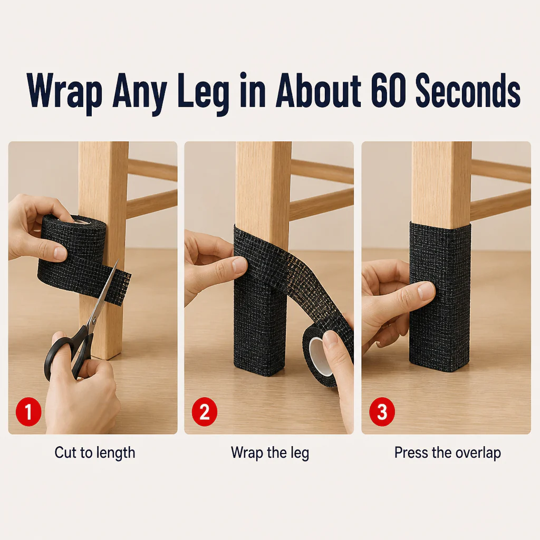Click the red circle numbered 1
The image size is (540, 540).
(28, 411)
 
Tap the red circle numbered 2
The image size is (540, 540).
(205, 411)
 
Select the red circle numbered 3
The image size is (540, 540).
(382, 411)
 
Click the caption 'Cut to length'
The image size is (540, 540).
(95, 453)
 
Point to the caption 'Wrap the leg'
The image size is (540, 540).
(270, 453)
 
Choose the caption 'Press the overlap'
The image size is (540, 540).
(447, 453)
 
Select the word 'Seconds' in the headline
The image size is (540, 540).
(468, 90)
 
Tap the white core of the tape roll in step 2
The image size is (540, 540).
(319, 356)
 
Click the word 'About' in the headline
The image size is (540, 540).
(318, 90)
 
